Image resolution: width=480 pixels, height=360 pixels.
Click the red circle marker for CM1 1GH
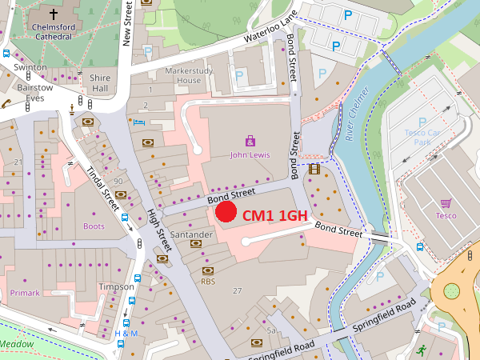pyautogui.click(x=226, y=211)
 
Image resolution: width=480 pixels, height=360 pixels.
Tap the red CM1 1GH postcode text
pyautogui.click(x=275, y=215)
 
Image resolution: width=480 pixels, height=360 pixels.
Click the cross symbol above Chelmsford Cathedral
pyautogui.click(x=54, y=14)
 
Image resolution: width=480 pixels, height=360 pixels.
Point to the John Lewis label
pyautogui.click(x=250, y=154)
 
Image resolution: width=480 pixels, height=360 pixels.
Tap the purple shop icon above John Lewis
pyautogui.click(x=250, y=140)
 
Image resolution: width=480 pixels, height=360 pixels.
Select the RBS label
pyautogui.click(x=208, y=282)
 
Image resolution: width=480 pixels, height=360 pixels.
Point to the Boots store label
pyautogui.click(x=94, y=226)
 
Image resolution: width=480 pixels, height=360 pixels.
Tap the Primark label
pyautogui.click(x=25, y=293)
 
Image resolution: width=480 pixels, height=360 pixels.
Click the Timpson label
pyautogui.click(x=110, y=286)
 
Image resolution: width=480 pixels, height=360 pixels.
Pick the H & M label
pyautogui.click(x=126, y=333)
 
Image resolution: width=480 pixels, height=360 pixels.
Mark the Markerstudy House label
pyautogui.click(x=178, y=76)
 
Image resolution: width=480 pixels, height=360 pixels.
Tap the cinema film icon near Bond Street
pyautogui.click(x=314, y=169)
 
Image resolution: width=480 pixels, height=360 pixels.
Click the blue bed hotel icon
pyautogui.click(x=140, y=122)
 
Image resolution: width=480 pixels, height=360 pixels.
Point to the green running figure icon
pyautogui.click(x=421, y=350)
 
